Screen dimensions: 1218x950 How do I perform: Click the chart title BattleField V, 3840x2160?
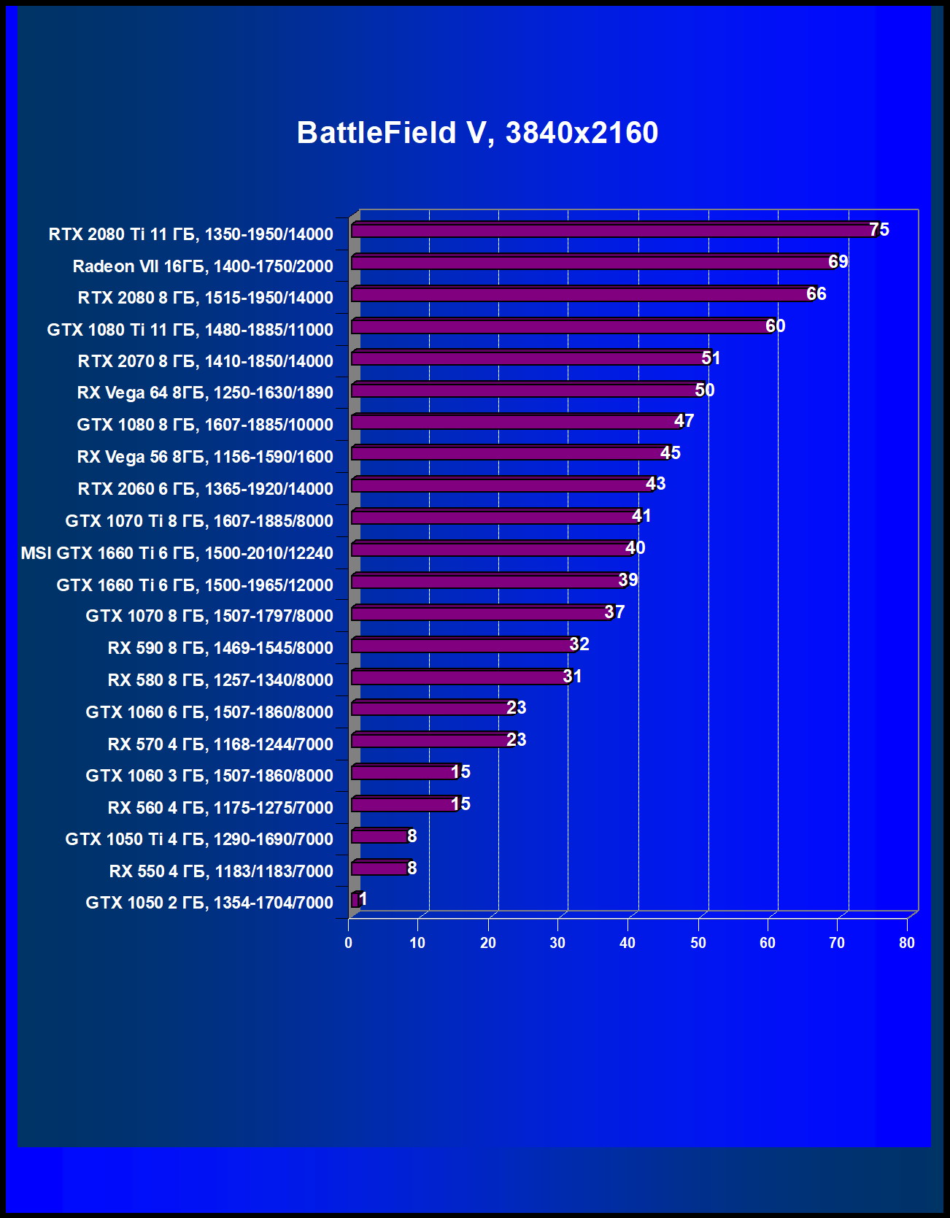pyautogui.click(x=477, y=133)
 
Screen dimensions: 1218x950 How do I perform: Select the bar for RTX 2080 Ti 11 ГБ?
pyautogui.click(x=613, y=231)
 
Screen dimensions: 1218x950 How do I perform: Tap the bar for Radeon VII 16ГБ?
pyautogui.click(x=591, y=263)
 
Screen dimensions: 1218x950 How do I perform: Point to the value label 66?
pyautogui.click(x=816, y=294)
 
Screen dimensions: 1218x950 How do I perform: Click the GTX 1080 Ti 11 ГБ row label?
pyautogui.click(x=190, y=330)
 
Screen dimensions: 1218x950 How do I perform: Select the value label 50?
pyautogui.click(x=705, y=390)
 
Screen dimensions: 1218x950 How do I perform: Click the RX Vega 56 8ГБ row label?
pyautogui.click(x=205, y=457)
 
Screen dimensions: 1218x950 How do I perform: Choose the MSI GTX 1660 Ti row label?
pyautogui.click(x=177, y=553)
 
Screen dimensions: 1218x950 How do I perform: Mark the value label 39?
pyautogui.click(x=628, y=580)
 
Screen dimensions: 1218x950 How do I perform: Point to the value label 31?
pyautogui.click(x=573, y=677)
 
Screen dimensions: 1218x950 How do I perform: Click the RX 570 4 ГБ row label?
pyautogui.click(x=220, y=744)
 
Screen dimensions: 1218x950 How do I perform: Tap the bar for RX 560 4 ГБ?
pyautogui.click(x=404, y=805)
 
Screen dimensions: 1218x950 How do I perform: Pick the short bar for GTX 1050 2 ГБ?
pyautogui.click(x=355, y=901)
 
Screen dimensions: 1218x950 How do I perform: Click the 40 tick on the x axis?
pyautogui.click(x=627, y=943)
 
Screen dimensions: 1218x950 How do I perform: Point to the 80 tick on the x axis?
pyautogui.click(x=907, y=943)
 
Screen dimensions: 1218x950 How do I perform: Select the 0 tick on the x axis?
pyautogui.click(x=349, y=943)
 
